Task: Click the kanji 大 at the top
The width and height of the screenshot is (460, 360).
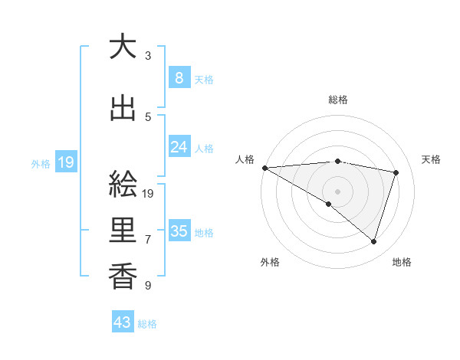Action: pos(123,47)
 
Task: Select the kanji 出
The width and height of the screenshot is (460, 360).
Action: pos(123,109)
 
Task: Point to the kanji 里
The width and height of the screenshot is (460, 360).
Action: pos(123,231)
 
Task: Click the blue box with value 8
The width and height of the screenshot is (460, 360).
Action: pos(179,78)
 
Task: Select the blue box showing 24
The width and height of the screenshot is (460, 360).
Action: pos(179,147)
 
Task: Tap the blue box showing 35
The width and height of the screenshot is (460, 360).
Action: pos(179,231)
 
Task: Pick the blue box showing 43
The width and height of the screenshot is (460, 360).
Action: pos(123,322)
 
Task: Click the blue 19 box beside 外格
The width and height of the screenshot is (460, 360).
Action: pos(65,162)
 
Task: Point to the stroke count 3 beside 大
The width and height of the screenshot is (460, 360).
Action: pos(148,56)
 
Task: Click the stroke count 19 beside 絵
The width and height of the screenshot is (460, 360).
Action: pos(149,194)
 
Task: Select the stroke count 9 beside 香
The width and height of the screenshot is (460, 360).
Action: pos(148,286)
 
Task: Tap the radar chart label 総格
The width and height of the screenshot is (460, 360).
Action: pos(337,100)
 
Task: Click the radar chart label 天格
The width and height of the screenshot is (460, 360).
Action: pos(431,159)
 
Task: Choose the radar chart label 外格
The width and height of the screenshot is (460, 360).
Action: pos(270,262)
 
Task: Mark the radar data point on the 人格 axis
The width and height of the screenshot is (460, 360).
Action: pos(264,167)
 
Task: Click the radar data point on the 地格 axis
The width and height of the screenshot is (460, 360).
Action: pos(373,241)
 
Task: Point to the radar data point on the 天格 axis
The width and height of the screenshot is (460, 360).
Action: pos(396,172)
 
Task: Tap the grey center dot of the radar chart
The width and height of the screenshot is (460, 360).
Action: pos(337,190)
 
